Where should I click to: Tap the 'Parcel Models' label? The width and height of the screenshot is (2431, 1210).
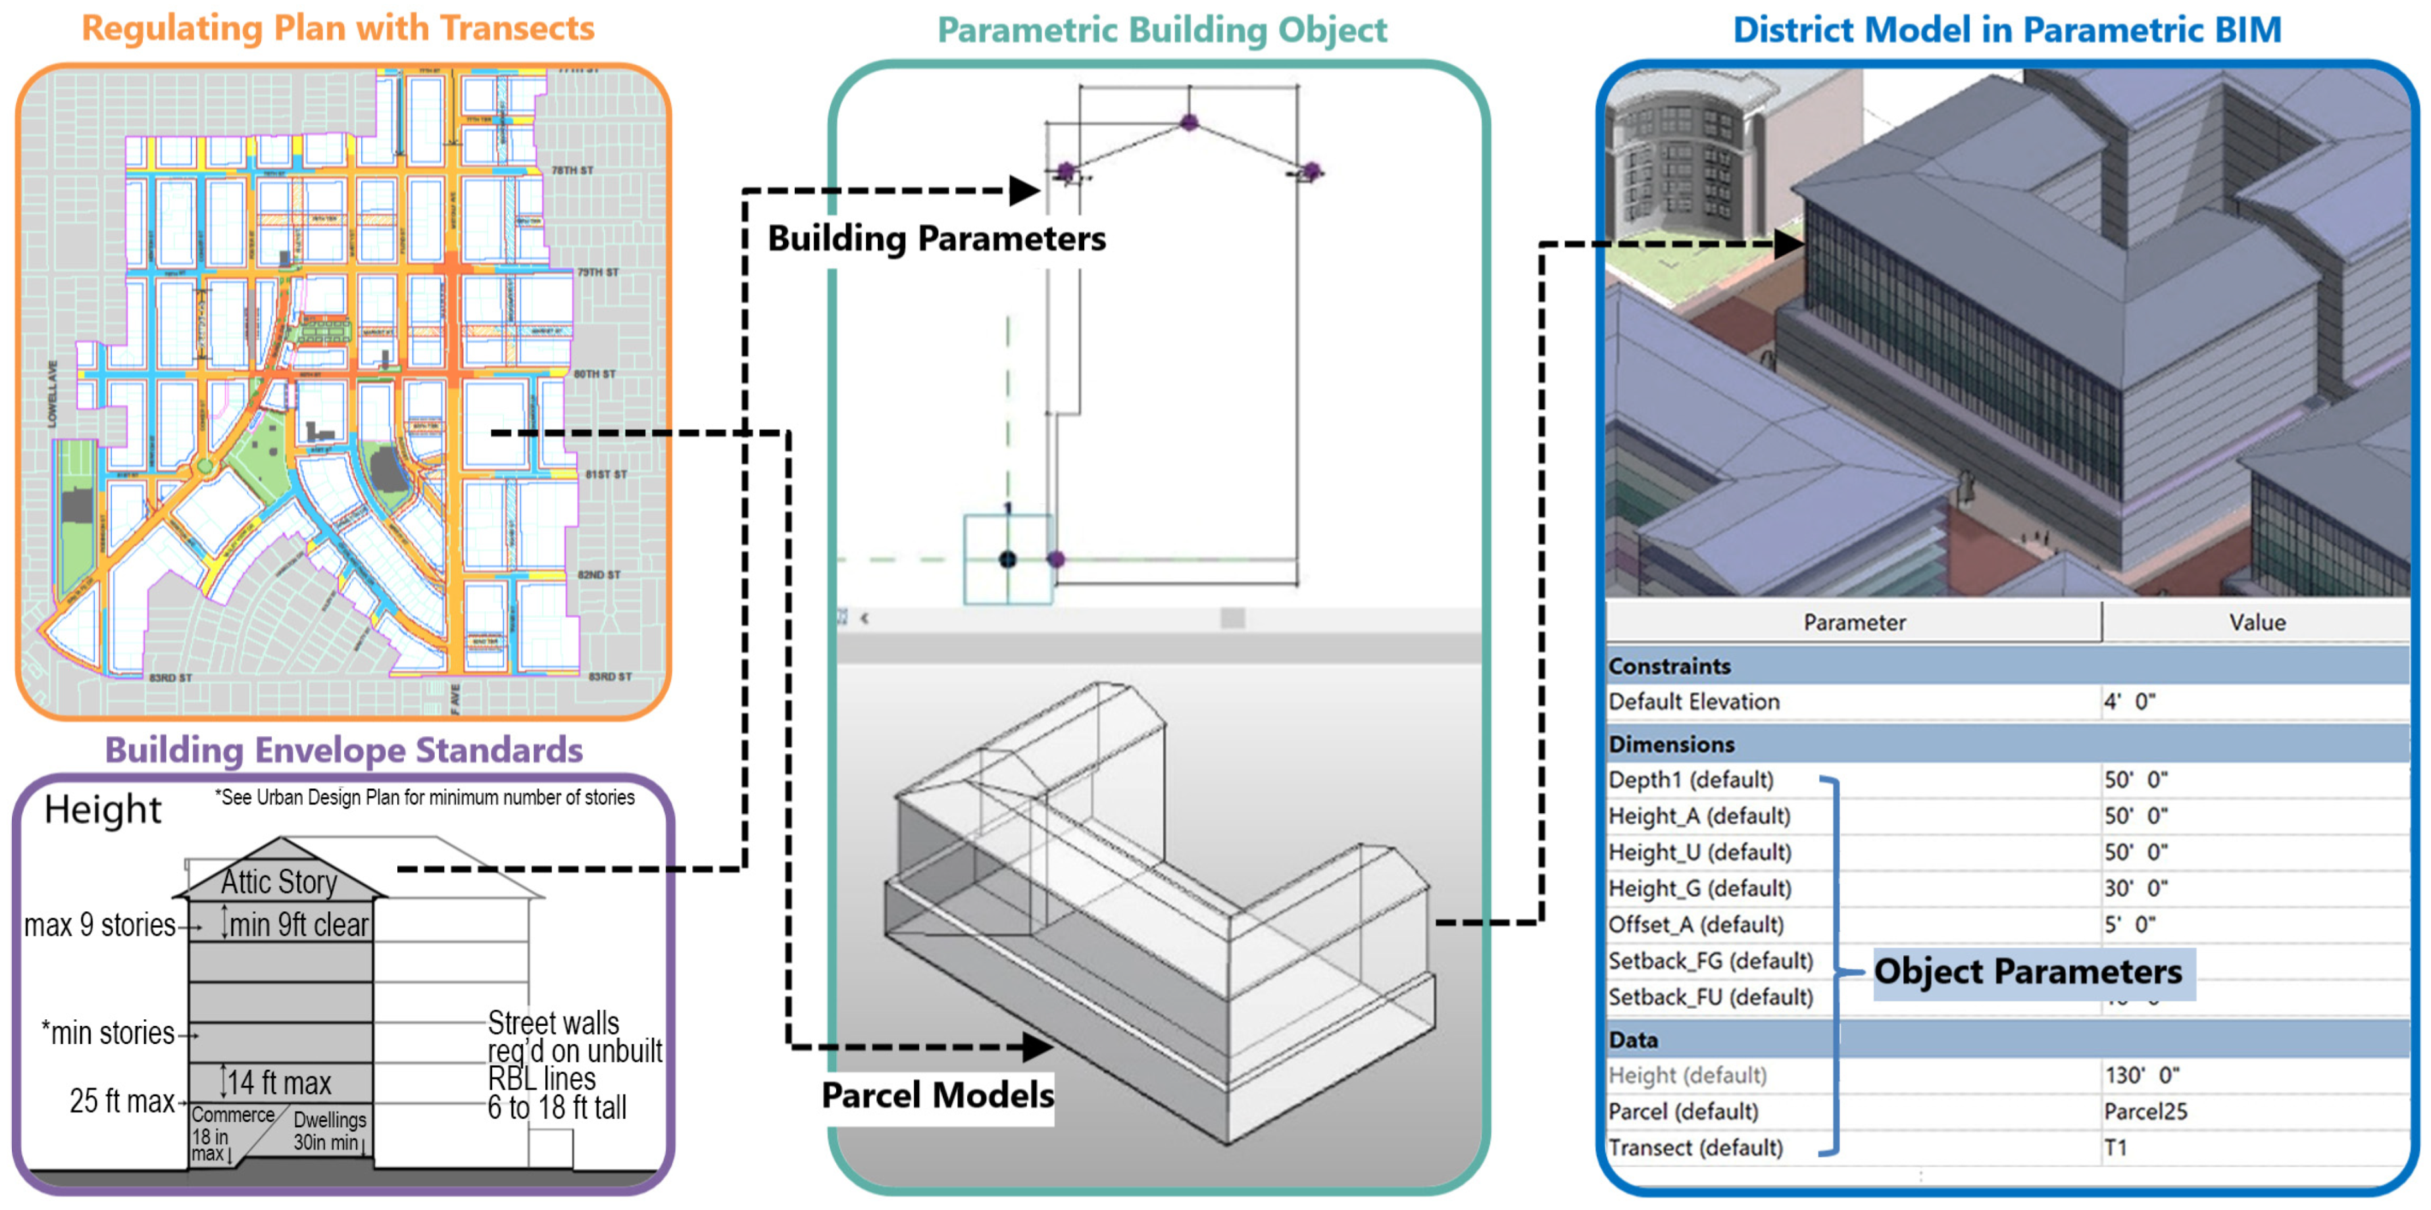[x=936, y=1095]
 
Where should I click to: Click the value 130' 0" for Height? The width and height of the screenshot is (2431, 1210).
[x=2140, y=1075]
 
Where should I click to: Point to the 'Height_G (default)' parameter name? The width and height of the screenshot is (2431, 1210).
[x=1699, y=888]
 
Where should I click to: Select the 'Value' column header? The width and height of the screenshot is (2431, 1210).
[x=2257, y=622]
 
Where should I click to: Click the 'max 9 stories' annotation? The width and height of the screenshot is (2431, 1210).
[x=99, y=925]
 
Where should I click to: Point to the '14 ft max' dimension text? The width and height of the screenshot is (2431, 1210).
[x=280, y=1082]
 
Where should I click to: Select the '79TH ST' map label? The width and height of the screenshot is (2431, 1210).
[x=597, y=273]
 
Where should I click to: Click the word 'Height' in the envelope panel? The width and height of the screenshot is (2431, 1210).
[x=102, y=809]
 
